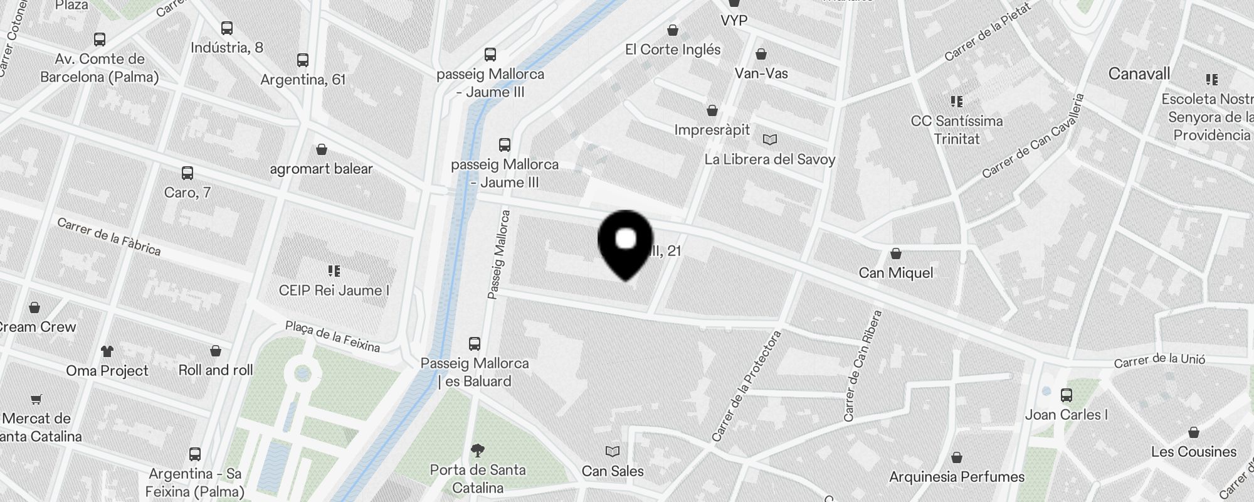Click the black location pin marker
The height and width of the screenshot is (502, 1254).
pyautogui.click(x=626, y=242)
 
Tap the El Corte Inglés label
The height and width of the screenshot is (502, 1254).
pyautogui.click(x=673, y=50)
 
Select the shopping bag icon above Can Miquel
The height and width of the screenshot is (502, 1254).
pyautogui.click(x=896, y=254)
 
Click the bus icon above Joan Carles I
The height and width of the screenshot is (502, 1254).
pyautogui.click(x=1067, y=395)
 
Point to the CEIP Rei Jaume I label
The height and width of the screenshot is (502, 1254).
pyautogui.click(x=334, y=291)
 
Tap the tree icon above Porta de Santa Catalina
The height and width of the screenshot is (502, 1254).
pyautogui.click(x=478, y=450)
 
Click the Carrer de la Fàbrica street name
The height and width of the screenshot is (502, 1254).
pyautogui.click(x=109, y=237)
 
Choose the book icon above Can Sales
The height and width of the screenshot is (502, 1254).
pyautogui.click(x=613, y=451)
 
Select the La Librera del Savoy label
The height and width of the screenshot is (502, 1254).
pyautogui.click(x=770, y=159)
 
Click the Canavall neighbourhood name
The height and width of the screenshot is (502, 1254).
pyautogui.click(x=1139, y=74)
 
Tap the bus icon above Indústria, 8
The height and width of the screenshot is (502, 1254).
pyautogui.click(x=227, y=28)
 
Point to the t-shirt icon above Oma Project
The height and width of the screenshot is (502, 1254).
pyautogui.click(x=107, y=351)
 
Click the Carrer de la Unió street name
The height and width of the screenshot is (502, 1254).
pyautogui.click(x=1159, y=360)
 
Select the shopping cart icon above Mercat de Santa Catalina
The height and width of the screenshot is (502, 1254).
pyautogui.click(x=36, y=399)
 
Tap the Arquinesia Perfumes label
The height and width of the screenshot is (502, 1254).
pyautogui.click(x=957, y=477)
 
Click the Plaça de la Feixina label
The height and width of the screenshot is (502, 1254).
pyautogui.click(x=332, y=336)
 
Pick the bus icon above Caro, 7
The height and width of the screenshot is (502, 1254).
pyautogui.click(x=187, y=173)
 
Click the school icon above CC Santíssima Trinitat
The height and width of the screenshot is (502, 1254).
pyautogui.click(x=956, y=101)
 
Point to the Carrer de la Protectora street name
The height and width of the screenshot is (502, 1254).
pyautogui.click(x=746, y=386)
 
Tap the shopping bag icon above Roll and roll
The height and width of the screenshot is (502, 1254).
pyautogui.click(x=216, y=351)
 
